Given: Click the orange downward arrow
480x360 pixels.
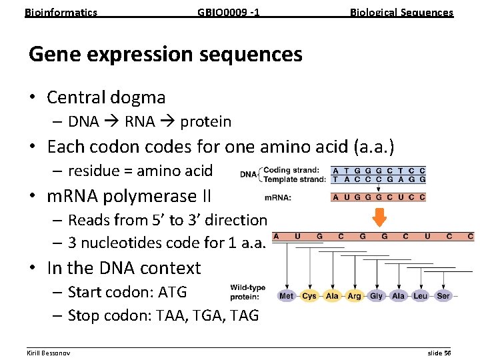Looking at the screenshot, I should [379, 217].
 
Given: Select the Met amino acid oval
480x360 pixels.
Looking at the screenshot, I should [287, 295].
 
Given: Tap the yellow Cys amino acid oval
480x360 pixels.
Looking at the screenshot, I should [309, 295].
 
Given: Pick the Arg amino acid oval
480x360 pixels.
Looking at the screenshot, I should [354, 295].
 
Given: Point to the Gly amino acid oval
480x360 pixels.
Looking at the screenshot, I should [377, 295].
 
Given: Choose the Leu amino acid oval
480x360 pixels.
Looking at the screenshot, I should [421, 295].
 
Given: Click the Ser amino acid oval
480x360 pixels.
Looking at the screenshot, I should [443, 295].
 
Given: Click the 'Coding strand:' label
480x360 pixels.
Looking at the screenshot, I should [292, 169].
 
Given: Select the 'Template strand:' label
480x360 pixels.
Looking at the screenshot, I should [295, 179].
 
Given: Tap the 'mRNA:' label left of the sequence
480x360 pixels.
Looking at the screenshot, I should [278, 197].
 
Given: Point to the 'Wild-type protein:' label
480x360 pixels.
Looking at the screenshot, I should [248, 292].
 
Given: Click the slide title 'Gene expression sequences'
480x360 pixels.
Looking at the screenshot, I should [165, 54].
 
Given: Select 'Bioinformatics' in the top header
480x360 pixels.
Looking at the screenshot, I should [61, 12].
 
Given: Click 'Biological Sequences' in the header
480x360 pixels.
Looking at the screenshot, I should [401, 12].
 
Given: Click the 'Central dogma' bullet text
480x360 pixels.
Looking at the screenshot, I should [106, 97].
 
